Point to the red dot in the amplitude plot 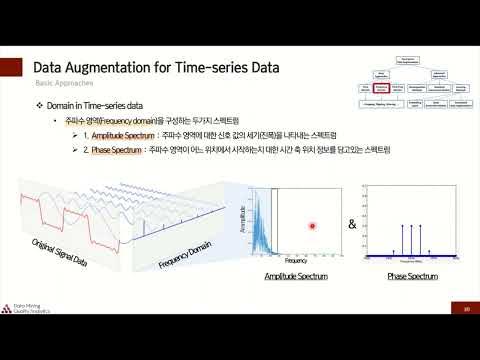(312, 226)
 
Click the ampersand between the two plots (352, 224)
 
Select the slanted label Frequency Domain (187, 250)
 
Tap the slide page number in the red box (466, 308)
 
